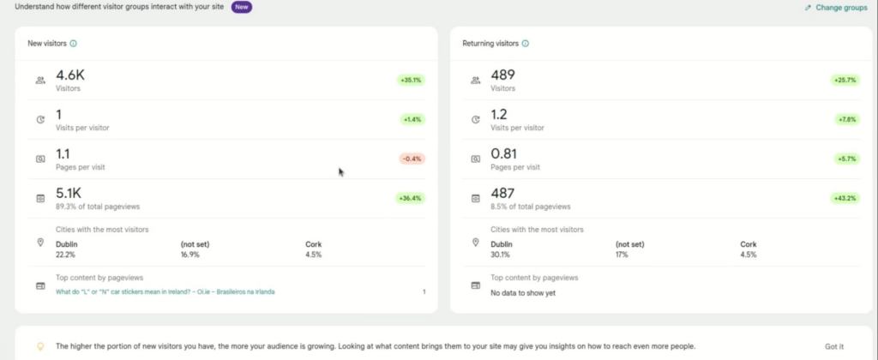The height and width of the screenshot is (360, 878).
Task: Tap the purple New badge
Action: point(241,7)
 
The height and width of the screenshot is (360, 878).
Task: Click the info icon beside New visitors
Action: point(73,43)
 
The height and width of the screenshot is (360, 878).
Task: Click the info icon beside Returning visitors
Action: point(525,43)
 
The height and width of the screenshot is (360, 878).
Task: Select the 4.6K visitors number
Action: point(70,75)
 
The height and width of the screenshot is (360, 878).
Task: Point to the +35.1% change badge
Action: point(412,80)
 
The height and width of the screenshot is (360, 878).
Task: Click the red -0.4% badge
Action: point(412,159)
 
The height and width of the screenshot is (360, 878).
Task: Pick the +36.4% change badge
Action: point(412,198)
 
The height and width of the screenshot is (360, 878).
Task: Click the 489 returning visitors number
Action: point(503,75)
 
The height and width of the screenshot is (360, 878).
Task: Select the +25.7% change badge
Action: point(845,80)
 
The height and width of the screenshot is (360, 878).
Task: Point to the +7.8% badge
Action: point(845,119)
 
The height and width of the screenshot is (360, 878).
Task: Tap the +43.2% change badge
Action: point(845,198)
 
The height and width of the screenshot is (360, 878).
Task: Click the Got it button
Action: point(833,346)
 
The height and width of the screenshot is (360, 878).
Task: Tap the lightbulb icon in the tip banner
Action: point(39,346)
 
